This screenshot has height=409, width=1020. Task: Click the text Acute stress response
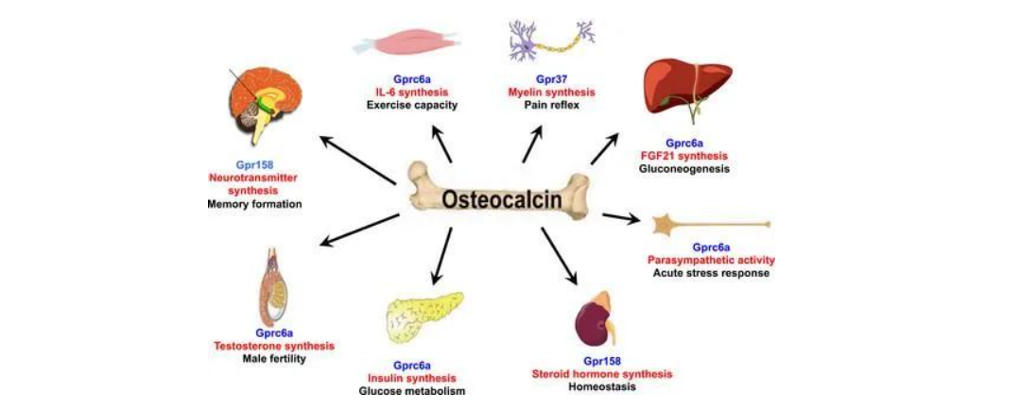(x=711, y=273)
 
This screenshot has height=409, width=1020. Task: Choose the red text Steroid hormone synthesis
(x=602, y=373)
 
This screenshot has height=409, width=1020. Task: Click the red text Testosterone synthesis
(x=275, y=346)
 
